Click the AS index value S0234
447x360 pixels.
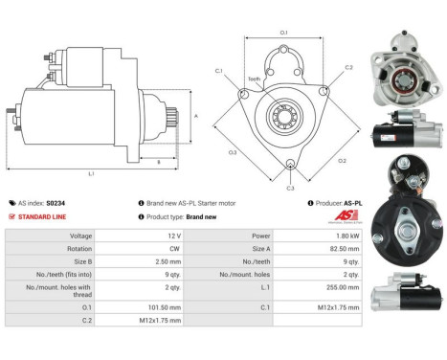[x=56, y=203]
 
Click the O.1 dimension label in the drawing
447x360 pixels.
[x=284, y=34]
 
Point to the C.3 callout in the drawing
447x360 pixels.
[x=290, y=188]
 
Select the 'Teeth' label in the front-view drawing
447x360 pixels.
[x=254, y=79]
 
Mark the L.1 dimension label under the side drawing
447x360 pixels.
[x=91, y=173]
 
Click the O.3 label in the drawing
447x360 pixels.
[x=233, y=152]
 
